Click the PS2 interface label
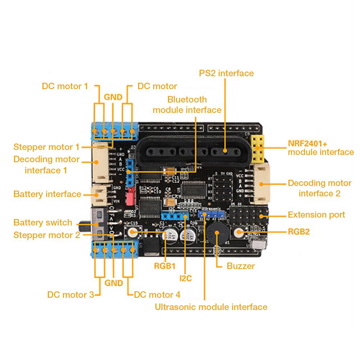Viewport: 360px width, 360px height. pyautogui.click(x=226, y=73)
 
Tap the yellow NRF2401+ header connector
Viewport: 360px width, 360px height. pyautogui.click(x=257, y=148)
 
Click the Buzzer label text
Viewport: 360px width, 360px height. pyautogui.click(x=241, y=266)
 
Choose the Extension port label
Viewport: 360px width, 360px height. pyautogui.click(x=316, y=215)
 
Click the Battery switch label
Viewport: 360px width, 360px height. pyautogui.click(x=43, y=223)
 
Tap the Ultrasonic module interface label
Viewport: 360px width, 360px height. pyautogui.click(x=211, y=307)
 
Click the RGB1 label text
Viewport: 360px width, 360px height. pyautogui.click(x=164, y=266)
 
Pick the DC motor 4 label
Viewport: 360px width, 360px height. pyautogui.click(x=157, y=295)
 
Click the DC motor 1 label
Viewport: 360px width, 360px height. pyautogui.click(x=65, y=86)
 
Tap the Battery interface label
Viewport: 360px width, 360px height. pyautogui.click(x=47, y=194)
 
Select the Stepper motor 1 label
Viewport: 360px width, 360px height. pyautogui.click(x=46, y=147)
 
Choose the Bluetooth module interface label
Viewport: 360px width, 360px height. pyautogui.click(x=187, y=105)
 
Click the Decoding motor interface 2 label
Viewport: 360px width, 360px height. pyautogui.click(x=319, y=188)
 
